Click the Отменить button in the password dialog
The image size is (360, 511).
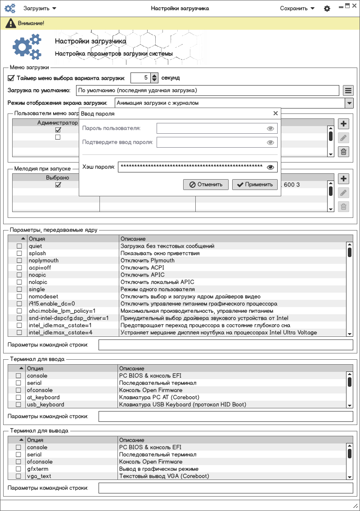[x=206, y=184]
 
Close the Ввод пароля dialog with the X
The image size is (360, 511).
[x=275, y=114]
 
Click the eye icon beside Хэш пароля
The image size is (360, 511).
[x=270, y=167]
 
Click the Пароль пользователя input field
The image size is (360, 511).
[x=211, y=128]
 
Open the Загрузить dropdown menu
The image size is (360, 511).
[x=40, y=8]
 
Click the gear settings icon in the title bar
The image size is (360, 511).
[x=327, y=9]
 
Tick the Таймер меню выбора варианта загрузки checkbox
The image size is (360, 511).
[x=11, y=77]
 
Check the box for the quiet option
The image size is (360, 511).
[x=19, y=246]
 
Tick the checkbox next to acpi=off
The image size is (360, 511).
[x=19, y=268]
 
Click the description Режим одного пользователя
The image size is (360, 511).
[x=157, y=289]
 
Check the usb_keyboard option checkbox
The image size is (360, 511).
[x=18, y=405]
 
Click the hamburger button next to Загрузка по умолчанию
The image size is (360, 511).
[x=348, y=90]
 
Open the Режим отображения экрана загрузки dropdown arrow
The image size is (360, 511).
[x=349, y=103]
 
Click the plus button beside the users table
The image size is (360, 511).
[x=343, y=124]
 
